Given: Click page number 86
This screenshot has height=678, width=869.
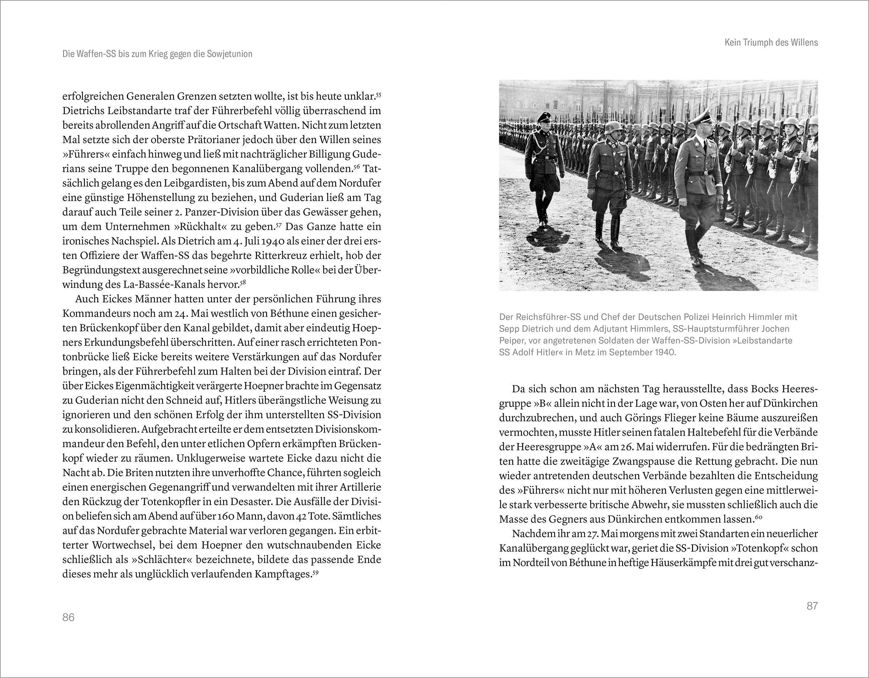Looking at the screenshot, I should click(68, 617).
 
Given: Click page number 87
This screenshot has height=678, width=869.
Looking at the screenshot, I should click(812, 606).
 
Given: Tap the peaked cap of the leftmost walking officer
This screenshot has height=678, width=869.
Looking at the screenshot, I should click(544, 118).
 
